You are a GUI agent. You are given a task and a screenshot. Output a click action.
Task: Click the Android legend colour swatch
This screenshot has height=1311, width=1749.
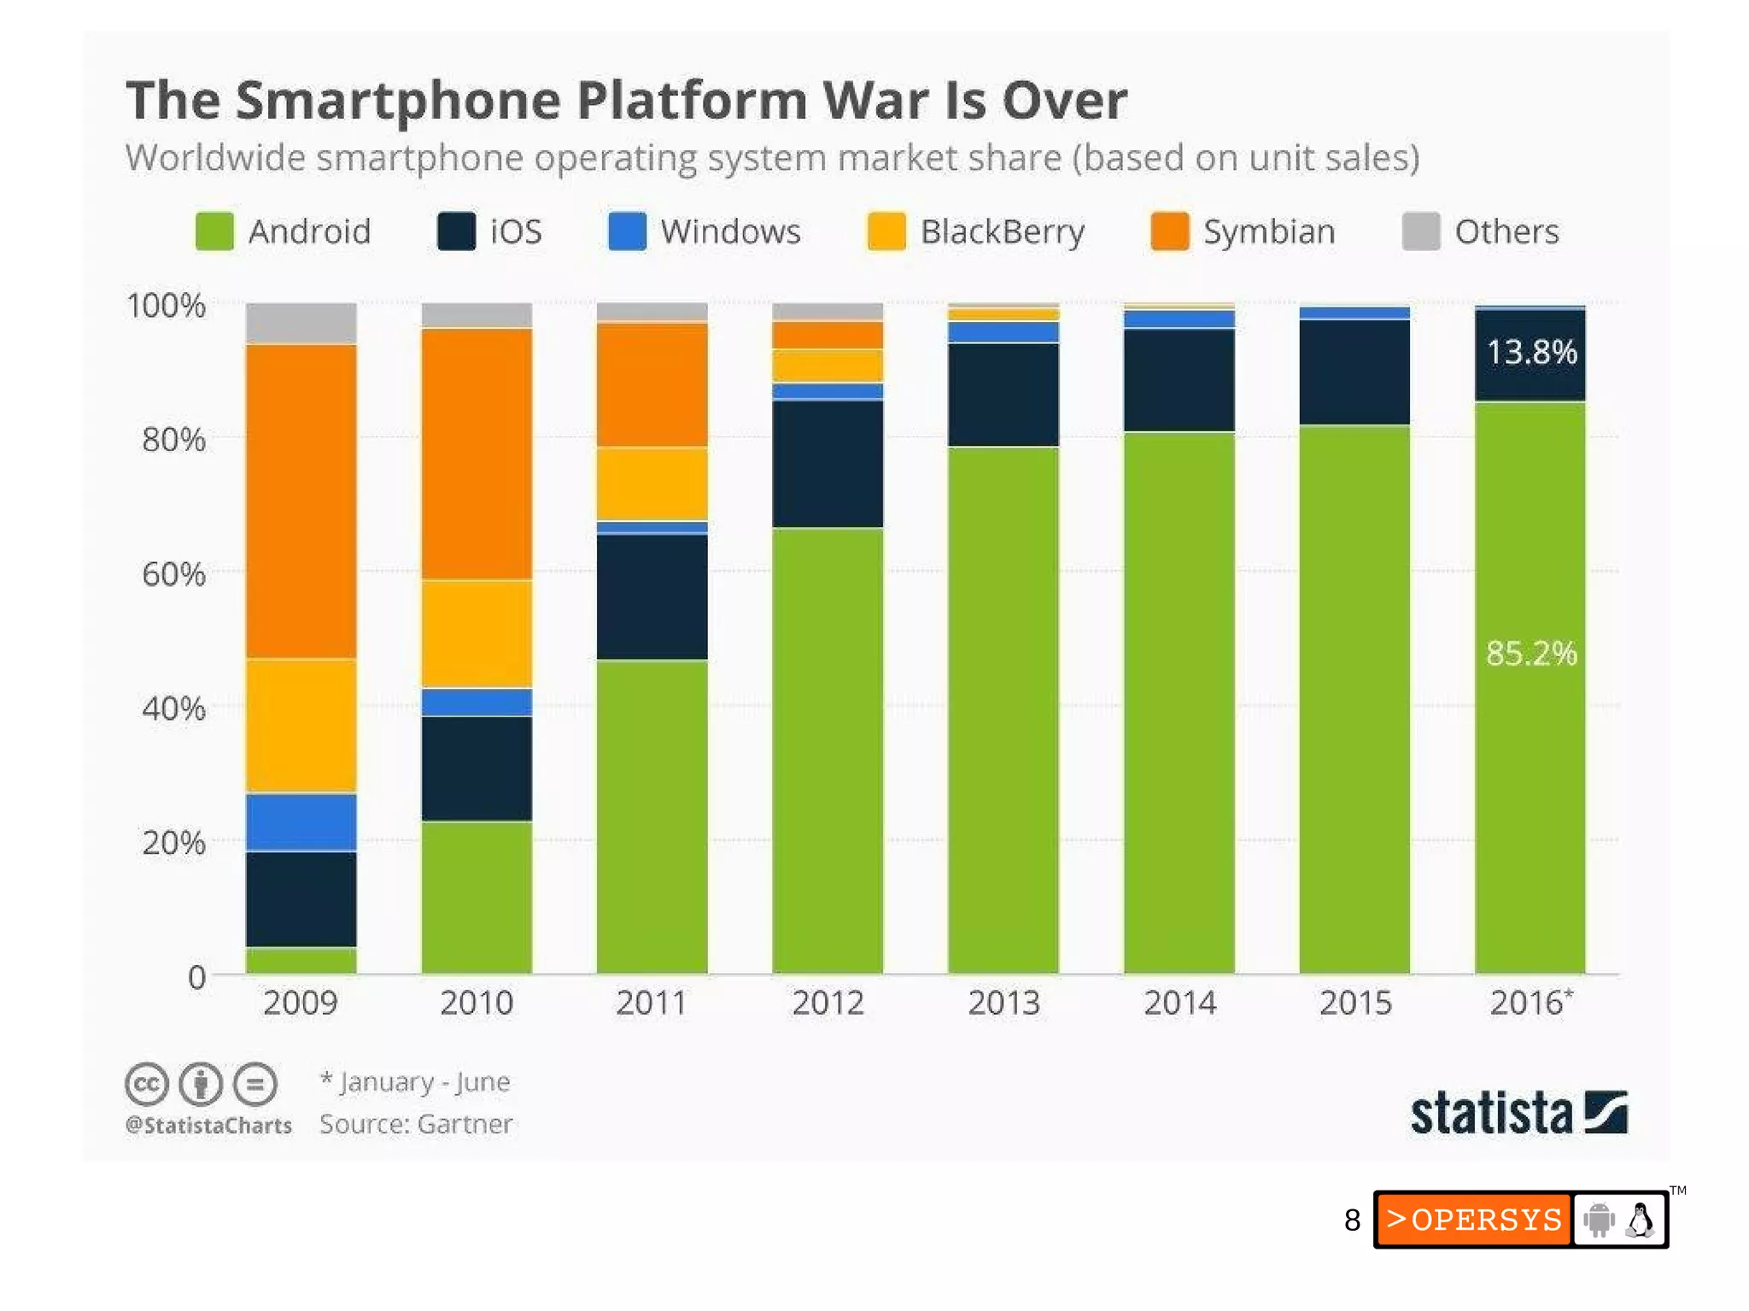tap(214, 231)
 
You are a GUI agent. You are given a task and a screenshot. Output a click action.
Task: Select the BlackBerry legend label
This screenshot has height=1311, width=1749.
tap(1002, 231)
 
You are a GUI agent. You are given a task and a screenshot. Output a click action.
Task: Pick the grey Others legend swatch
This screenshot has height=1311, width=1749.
tap(1421, 231)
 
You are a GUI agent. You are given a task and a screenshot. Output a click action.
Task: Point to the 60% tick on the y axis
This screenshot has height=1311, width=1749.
tap(173, 574)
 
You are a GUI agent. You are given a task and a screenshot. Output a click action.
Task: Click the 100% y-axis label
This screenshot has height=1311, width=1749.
tap(166, 306)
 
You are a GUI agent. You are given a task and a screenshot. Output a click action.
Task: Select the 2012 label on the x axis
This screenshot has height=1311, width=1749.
tap(828, 1003)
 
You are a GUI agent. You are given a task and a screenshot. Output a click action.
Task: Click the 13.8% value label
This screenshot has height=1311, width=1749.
tap(1531, 352)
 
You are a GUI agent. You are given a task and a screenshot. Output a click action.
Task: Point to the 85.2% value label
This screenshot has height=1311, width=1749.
tap(1531, 653)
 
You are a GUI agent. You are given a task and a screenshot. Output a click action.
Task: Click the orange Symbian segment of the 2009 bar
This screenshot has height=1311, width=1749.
tap(301, 500)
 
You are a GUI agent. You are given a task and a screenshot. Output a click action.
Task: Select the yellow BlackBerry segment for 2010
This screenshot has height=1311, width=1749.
tap(477, 634)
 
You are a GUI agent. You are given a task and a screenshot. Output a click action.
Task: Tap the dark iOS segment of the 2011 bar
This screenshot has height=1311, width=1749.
tap(652, 596)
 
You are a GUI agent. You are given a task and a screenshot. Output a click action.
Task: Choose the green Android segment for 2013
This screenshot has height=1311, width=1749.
tap(1003, 709)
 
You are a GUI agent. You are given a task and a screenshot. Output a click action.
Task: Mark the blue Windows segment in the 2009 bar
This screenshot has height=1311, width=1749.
tap(301, 822)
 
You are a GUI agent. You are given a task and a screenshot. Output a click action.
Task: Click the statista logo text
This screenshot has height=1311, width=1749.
tap(1490, 1114)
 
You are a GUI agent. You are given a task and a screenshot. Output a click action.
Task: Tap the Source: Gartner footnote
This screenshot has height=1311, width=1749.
tap(416, 1124)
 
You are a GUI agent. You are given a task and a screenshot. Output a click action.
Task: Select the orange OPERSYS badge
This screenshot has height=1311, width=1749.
tap(1473, 1220)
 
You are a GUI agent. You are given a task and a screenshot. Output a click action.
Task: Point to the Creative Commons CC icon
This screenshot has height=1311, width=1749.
tap(146, 1085)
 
